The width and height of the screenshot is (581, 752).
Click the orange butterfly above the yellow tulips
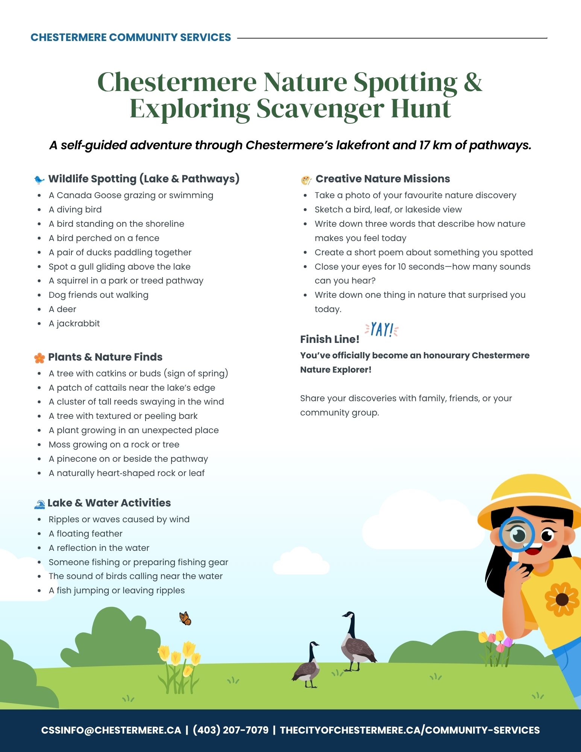tap(185, 618)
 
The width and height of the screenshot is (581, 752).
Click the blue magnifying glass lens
tap(517, 534)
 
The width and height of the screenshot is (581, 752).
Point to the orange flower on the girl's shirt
tap(562, 599)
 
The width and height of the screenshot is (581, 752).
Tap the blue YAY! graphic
tap(382, 330)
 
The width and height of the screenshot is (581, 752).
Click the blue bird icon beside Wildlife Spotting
tap(39, 179)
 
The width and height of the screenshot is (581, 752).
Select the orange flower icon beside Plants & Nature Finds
tap(39, 358)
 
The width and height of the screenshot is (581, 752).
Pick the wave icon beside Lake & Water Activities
tap(39, 504)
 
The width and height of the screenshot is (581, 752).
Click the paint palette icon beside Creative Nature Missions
tap(306, 180)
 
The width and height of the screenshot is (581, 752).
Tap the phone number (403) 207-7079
tap(231, 730)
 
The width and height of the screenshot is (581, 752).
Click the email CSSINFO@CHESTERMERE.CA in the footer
tap(111, 730)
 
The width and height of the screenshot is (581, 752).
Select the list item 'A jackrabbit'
tap(74, 323)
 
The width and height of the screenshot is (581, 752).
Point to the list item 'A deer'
tap(62, 309)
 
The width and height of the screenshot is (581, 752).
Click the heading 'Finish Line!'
tap(329, 339)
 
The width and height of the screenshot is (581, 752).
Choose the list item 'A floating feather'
tap(85, 534)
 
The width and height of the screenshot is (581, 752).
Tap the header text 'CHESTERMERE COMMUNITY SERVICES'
tap(130, 37)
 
